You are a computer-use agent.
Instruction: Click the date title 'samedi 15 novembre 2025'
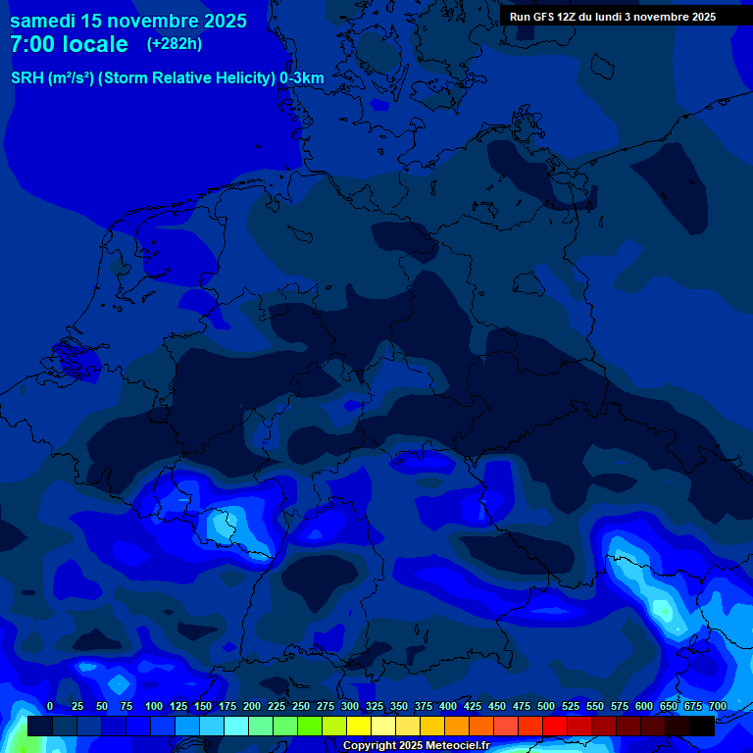pos(127,21)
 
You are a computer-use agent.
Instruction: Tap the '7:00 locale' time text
pos(69,44)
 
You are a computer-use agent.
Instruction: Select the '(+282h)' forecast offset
pos(175,43)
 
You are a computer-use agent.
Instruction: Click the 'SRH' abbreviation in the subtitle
pos(27,77)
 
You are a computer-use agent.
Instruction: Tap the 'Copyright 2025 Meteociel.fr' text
pos(415,746)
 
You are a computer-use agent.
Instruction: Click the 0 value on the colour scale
pos(50,706)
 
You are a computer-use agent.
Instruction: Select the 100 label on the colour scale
pos(154,706)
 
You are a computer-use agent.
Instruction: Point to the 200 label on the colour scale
pos(252,706)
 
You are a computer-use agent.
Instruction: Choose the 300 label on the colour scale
pos(350,706)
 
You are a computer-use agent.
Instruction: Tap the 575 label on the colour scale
pos(620,706)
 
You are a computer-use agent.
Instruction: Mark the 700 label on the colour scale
pos(718,706)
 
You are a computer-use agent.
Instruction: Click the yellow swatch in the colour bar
pos(359,726)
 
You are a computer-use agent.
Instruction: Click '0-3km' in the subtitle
pos(302,77)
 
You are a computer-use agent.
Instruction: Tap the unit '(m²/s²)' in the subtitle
pos(71,77)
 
